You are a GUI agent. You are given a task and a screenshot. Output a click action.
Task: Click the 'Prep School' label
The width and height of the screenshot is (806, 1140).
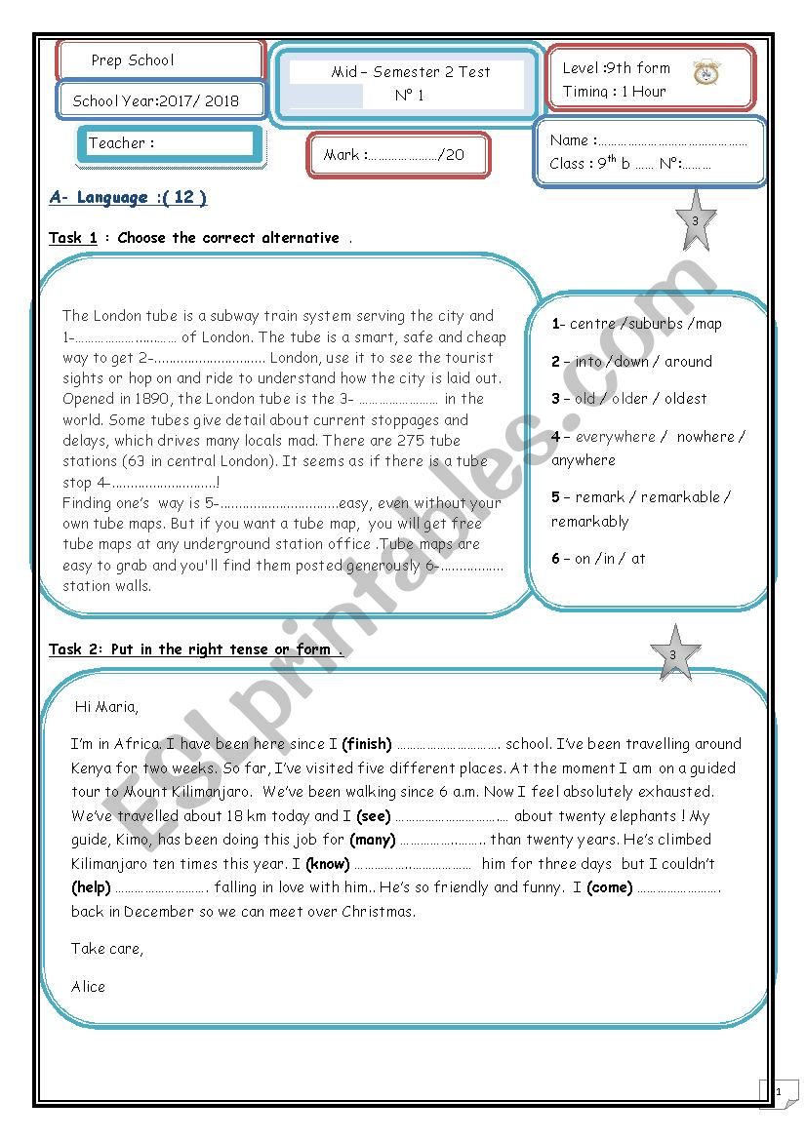[x=133, y=60]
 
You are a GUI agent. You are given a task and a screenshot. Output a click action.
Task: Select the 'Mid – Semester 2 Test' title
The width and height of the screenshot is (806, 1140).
[x=410, y=72]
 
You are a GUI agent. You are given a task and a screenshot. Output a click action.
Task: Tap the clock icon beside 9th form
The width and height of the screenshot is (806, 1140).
[x=706, y=73]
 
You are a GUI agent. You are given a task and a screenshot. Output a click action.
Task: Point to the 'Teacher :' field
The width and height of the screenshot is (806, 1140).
[x=122, y=143]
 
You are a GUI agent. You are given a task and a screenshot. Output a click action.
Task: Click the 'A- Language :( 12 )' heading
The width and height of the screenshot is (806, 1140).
[x=128, y=198]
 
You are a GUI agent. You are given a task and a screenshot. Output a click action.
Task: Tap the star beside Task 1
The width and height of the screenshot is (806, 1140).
[x=695, y=221]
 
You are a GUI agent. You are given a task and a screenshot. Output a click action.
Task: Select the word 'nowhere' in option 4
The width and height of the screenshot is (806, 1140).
[x=705, y=437]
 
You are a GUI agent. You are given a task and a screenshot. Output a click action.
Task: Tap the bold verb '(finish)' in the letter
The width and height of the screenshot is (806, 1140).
[x=367, y=744]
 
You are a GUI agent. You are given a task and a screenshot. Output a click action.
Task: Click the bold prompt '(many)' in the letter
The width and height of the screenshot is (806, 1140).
[x=373, y=840]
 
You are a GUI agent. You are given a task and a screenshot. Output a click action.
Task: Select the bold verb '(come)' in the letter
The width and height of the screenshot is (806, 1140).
[x=609, y=887]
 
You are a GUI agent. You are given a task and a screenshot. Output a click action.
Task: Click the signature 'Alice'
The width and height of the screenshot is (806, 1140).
[x=88, y=987]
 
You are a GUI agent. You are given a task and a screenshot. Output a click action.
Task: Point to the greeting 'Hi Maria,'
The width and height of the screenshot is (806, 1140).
[x=106, y=707]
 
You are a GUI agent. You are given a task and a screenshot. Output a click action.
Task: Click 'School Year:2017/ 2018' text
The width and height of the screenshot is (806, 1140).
[x=156, y=100]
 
